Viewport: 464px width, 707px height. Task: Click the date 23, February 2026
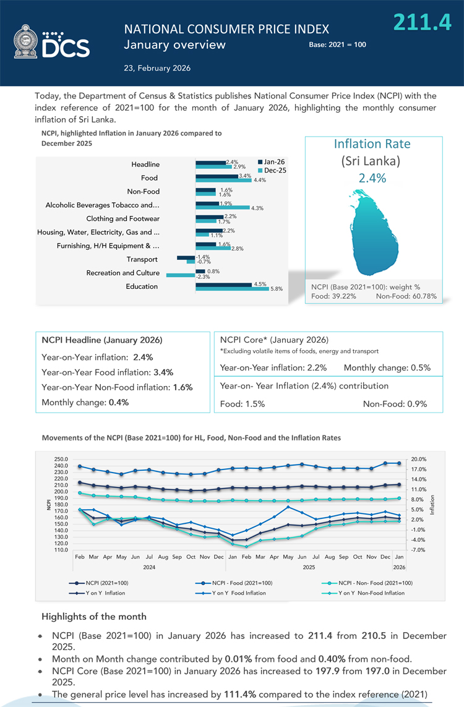click(158, 68)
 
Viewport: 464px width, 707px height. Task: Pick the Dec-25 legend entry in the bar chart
click(273, 169)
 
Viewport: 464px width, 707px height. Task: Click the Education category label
click(142, 286)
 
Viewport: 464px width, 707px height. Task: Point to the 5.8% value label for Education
click(277, 289)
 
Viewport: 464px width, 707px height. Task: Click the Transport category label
click(142, 259)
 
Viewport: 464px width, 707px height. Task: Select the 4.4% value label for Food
click(260, 180)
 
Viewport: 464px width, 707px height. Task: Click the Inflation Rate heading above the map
click(372, 144)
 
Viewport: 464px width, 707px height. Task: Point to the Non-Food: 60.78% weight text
click(406, 296)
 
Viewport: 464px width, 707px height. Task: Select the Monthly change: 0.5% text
click(387, 367)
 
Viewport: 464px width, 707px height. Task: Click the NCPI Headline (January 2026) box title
click(102, 340)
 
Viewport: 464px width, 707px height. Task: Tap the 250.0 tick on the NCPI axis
click(61, 459)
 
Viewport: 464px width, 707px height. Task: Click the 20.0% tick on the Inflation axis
click(419, 459)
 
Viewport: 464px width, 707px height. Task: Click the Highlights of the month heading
click(94, 617)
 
